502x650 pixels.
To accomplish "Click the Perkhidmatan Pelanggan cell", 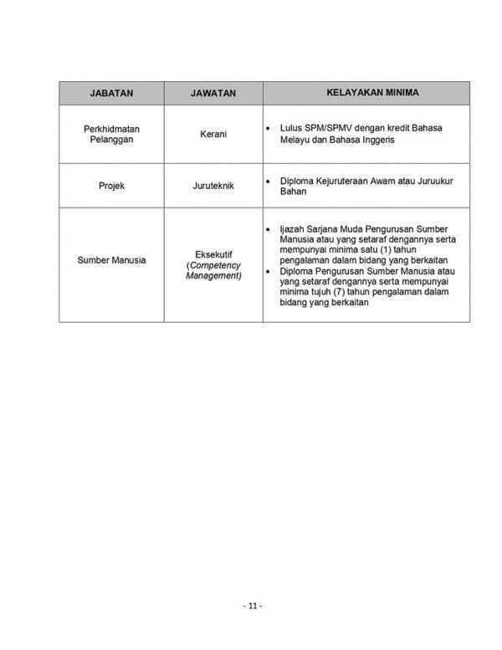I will click(x=111, y=134).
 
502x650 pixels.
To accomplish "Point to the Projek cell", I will click(x=111, y=186).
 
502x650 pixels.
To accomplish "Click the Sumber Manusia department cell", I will click(x=111, y=260).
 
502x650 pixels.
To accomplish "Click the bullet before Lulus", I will click(x=268, y=129).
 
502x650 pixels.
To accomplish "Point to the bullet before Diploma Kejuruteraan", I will click(x=268, y=181).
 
